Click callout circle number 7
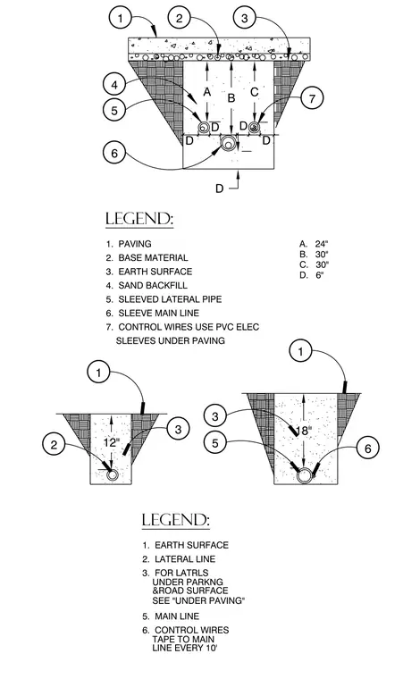point(312,98)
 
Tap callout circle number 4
point(114,85)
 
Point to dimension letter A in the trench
point(207,92)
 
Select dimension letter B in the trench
point(231,98)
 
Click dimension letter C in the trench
point(255,92)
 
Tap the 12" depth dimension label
point(111,442)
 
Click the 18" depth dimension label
point(303,431)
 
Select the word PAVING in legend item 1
point(135,244)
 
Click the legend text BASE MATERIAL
point(153,257)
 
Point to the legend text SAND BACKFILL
point(153,285)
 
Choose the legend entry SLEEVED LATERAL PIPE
point(170,299)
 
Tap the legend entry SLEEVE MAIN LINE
point(158,313)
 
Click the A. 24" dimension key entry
point(314,244)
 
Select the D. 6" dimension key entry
point(312,275)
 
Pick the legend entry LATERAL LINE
point(185,559)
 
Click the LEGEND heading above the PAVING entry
point(139,219)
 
